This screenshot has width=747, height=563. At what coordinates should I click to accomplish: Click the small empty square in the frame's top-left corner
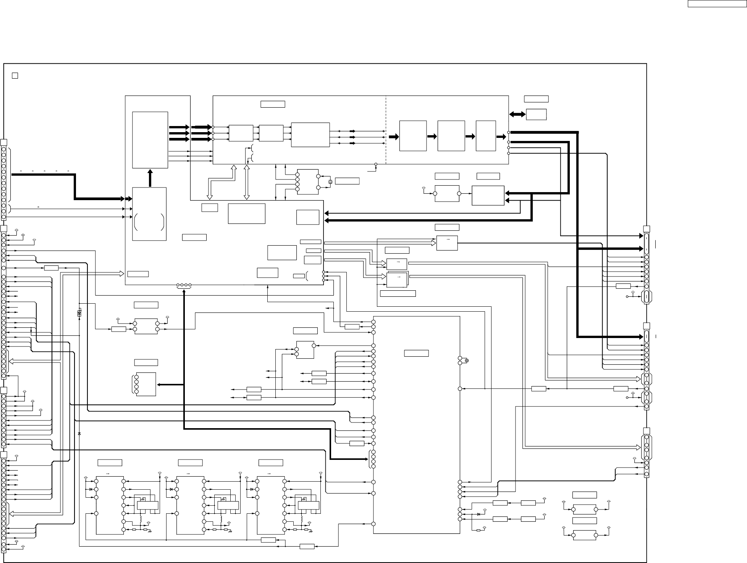click(15, 75)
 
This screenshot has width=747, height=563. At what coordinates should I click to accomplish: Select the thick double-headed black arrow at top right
click(517, 114)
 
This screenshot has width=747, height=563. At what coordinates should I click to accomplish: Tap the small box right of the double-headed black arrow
click(536, 114)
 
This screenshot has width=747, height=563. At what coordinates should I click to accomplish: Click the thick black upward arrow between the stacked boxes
click(150, 178)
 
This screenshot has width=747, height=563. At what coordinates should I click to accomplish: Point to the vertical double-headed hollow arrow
click(247, 183)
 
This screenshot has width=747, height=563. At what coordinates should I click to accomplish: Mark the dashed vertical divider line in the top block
click(386, 130)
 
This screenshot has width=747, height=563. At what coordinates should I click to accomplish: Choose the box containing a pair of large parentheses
click(149, 214)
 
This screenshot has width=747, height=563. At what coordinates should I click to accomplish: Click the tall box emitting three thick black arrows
click(150, 140)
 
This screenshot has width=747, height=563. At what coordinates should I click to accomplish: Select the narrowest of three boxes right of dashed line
click(486, 136)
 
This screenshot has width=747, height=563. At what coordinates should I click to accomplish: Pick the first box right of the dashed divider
click(413, 136)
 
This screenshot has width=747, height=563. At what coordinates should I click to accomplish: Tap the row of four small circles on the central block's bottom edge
click(184, 285)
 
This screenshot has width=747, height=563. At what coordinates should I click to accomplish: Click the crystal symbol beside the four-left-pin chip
click(330, 182)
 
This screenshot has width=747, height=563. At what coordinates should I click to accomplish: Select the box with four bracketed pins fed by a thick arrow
click(146, 385)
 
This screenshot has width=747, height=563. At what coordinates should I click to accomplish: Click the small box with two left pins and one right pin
click(305, 350)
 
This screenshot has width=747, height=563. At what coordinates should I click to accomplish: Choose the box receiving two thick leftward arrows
click(488, 196)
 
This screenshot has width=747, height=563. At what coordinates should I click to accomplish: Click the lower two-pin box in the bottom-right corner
click(584, 536)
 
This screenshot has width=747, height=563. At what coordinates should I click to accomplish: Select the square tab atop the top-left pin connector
click(4, 142)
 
